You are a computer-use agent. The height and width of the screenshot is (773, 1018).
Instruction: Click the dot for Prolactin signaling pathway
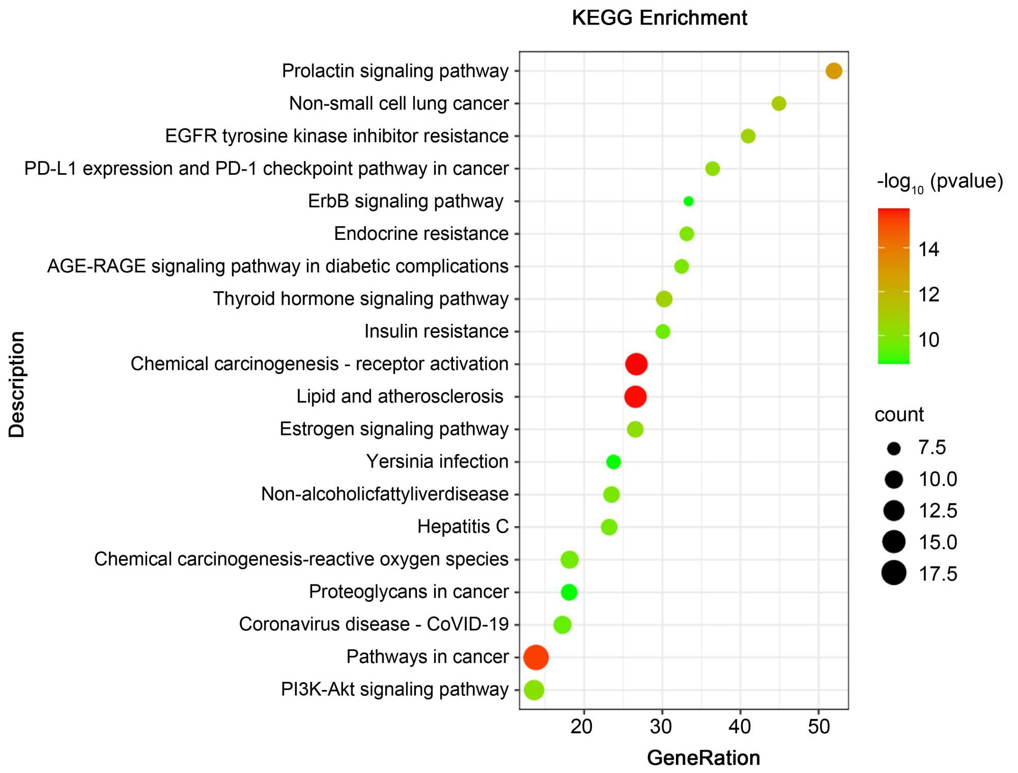(x=833, y=71)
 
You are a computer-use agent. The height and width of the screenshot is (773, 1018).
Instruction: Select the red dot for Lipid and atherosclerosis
(x=635, y=397)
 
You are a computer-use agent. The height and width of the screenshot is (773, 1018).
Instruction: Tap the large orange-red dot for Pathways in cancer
(x=536, y=657)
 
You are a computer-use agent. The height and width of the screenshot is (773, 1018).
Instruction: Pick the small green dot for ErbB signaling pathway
(x=688, y=201)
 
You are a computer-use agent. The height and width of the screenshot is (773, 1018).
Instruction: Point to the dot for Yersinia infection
(x=613, y=462)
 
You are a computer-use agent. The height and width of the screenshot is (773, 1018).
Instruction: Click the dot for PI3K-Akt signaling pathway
(x=534, y=690)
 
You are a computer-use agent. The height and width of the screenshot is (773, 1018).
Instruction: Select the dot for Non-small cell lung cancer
(x=779, y=103)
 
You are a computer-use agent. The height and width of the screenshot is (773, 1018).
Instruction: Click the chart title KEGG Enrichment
(x=659, y=18)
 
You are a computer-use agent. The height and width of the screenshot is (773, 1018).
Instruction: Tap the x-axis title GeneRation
(x=703, y=758)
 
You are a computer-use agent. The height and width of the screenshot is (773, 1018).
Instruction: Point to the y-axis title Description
(x=17, y=384)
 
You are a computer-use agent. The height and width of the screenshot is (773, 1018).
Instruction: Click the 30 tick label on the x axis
(x=661, y=727)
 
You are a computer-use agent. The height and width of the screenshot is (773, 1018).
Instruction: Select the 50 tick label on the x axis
(x=818, y=727)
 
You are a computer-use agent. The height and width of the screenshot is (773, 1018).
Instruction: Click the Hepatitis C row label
(x=463, y=527)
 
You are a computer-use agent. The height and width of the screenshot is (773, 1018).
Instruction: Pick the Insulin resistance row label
(x=436, y=332)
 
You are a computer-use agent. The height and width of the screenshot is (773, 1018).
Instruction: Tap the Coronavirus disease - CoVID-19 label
(x=374, y=624)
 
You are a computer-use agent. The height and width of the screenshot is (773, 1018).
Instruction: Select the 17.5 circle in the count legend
(x=894, y=573)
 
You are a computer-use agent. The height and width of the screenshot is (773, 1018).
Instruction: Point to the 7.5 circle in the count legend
(x=894, y=448)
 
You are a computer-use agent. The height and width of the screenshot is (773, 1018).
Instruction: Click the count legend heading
(x=899, y=415)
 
